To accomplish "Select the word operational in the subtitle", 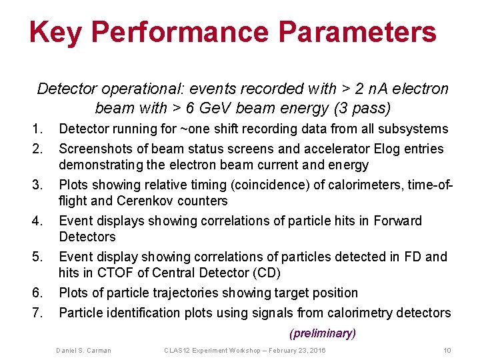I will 126,89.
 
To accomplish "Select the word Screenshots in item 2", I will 95,148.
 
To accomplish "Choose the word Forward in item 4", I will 398,221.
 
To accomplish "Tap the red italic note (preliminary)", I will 323,333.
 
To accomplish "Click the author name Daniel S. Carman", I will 83,351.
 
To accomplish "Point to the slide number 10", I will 447,351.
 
